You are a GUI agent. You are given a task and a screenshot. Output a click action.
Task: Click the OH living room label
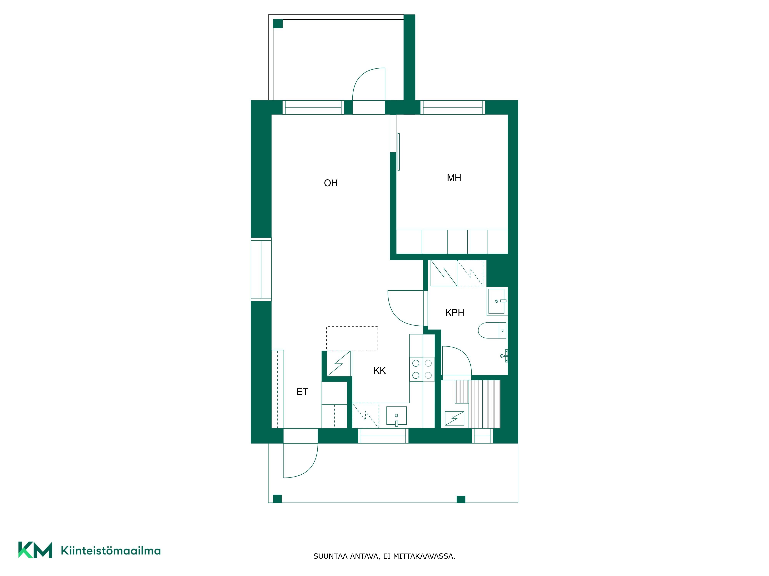pyautogui.click(x=331, y=183)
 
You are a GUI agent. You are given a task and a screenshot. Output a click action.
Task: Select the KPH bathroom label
pyautogui.click(x=455, y=312)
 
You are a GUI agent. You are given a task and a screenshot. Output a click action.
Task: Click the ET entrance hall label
pyautogui.click(x=302, y=392)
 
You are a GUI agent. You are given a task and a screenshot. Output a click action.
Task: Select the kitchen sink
pyautogui.click(x=396, y=416)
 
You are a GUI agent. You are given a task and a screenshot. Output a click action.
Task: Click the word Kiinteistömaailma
pyautogui.click(x=111, y=551)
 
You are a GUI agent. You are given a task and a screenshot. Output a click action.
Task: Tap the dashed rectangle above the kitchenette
pyautogui.click(x=352, y=338)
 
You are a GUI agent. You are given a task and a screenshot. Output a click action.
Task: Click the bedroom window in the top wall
pyautogui.click(x=453, y=107)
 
